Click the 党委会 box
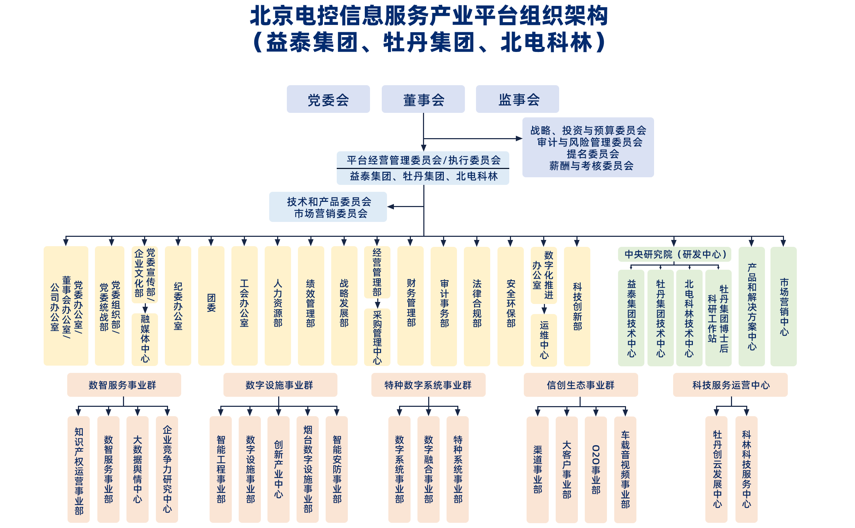click(x=328, y=99)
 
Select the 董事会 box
click(x=423, y=99)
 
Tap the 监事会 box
click(x=517, y=99)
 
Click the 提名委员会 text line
click(x=593, y=154)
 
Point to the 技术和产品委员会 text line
click(x=329, y=202)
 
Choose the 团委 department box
click(x=211, y=306)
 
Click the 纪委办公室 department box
click(x=178, y=306)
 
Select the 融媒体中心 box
click(x=145, y=339)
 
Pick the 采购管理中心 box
click(x=377, y=337)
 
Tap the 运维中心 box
click(x=544, y=340)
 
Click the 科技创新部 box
click(x=577, y=306)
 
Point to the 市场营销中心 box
click(x=783, y=306)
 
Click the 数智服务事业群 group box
click(x=124, y=385)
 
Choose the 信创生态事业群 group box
click(x=580, y=385)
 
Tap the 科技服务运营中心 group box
click(x=731, y=385)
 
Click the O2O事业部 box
click(x=596, y=469)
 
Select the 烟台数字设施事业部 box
click(x=308, y=469)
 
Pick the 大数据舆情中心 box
click(x=137, y=469)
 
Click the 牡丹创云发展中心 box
click(x=716, y=469)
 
